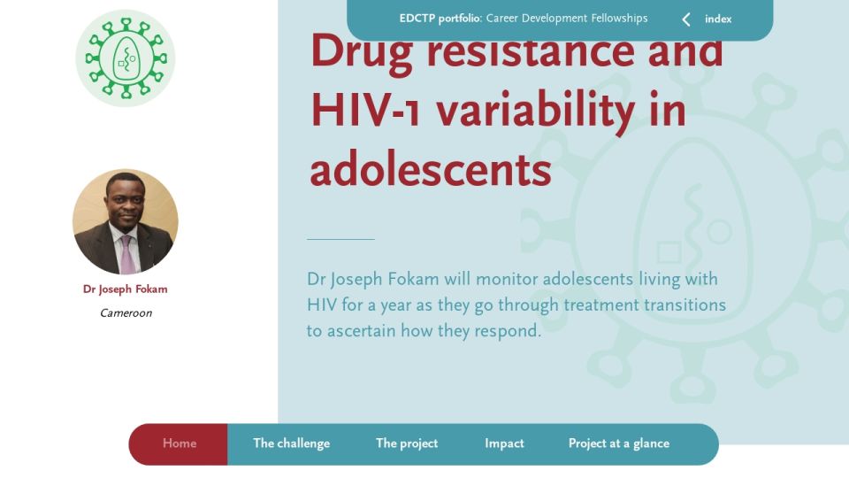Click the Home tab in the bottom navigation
(180, 443)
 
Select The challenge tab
(291, 443)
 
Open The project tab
(407, 443)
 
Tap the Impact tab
(504, 443)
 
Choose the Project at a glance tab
(619, 443)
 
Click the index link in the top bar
(718, 19)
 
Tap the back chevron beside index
(686, 19)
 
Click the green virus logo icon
(126, 58)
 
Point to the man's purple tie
(126, 254)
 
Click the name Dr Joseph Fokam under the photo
(125, 289)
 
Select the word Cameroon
(126, 312)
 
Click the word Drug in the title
(361, 53)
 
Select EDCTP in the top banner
(417, 19)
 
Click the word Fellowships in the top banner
(619, 19)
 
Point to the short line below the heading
(340, 239)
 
